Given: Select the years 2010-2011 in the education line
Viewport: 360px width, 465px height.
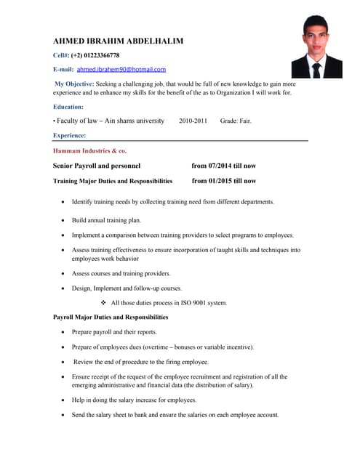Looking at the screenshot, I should (193, 121).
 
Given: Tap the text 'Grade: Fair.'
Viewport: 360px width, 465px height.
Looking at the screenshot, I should (236, 121).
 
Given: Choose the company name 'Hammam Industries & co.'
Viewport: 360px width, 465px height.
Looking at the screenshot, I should (89, 150).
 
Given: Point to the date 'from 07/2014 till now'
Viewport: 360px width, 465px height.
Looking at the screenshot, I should (223, 166).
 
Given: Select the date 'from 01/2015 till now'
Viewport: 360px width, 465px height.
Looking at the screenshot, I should (223, 181).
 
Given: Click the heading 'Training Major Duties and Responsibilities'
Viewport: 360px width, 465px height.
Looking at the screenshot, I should (113, 181).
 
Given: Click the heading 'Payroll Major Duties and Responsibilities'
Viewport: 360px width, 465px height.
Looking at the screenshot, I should (111, 318).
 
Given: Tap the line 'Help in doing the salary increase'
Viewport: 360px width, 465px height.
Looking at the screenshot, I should (134, 400).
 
